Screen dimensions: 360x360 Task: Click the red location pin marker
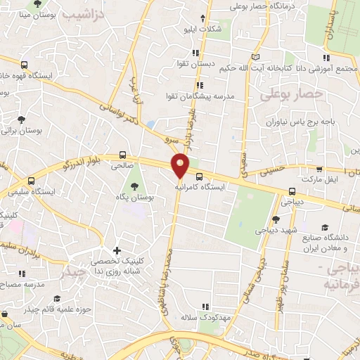tap(181, 165)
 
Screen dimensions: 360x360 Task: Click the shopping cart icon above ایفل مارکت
tap(320, 169)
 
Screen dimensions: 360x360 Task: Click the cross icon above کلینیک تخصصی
tap(117, 251)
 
